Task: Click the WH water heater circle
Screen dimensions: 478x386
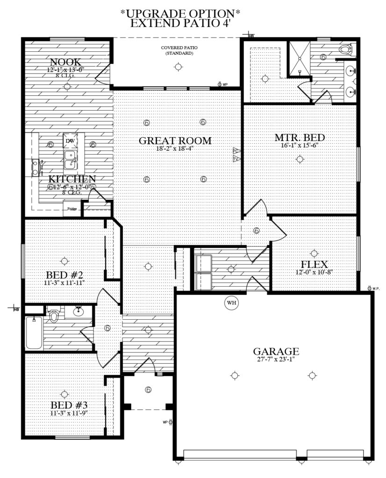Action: (231, 303)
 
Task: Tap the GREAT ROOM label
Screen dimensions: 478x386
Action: (175, 141)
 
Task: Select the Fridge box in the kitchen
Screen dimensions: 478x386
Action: (72, 208)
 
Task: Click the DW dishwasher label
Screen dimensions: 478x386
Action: (70, 141)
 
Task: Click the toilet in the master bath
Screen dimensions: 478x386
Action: (346, 48)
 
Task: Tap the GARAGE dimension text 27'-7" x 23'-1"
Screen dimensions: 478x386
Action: (275, 360)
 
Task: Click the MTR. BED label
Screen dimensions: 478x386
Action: (300, 138)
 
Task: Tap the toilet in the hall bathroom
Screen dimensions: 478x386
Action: (54, 315)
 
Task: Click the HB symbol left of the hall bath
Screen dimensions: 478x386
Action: (15, 309)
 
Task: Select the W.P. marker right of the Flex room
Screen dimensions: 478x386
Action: (374, 288)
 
